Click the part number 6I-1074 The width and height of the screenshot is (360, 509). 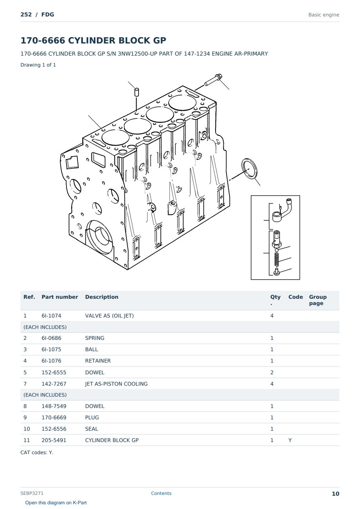point(51,316)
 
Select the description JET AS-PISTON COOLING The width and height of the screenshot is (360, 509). point(116,384)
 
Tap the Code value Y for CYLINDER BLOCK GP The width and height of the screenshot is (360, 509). point(290,440)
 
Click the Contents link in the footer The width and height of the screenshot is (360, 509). point(161,493)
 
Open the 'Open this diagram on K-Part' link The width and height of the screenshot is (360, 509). point(56,503)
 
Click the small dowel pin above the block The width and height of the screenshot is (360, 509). point(137,92)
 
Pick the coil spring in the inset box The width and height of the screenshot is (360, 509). point(276,259)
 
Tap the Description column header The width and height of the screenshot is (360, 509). point(102,297)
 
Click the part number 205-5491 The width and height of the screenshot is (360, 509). point(54,440)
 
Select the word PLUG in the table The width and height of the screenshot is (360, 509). point(92,417)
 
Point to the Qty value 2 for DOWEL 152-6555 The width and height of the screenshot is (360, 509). point(272,372)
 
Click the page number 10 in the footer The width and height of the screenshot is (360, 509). point(335,494)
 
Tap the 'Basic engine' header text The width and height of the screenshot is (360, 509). point(324,15)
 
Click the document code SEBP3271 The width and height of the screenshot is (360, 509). point(32,493)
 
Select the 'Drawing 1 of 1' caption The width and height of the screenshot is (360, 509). point(38,65)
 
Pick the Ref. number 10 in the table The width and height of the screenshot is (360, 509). point(27,429)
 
